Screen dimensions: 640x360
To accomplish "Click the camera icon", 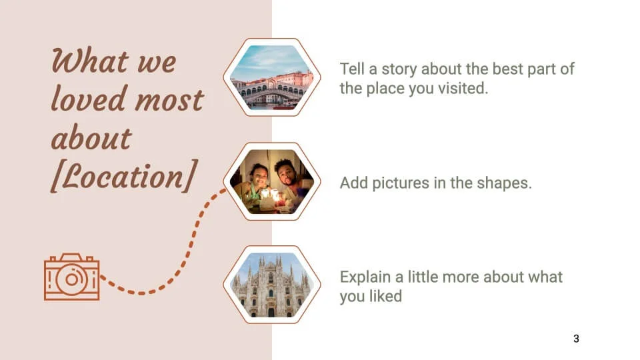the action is [x=72, y=277].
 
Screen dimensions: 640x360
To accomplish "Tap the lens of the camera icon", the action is [x=72, y=279].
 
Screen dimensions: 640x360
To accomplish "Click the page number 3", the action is [x=576, y=339].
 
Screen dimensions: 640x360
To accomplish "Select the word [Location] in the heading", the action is [x=125, y=177].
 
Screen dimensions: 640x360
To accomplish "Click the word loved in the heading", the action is [x=89, y=99].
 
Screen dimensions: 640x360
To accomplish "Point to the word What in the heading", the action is [x=90, y=61].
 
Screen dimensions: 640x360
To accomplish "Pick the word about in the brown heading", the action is [x=91, y=137].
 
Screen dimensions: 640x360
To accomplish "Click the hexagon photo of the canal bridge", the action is [x=272, y=77].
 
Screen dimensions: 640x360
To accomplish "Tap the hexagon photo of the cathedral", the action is [x=272, y=285].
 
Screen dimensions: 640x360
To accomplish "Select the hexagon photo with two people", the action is [x=272, y=181].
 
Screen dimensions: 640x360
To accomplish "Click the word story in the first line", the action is [x=399, y=69].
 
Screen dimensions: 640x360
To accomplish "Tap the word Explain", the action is [x=365, y=277].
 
